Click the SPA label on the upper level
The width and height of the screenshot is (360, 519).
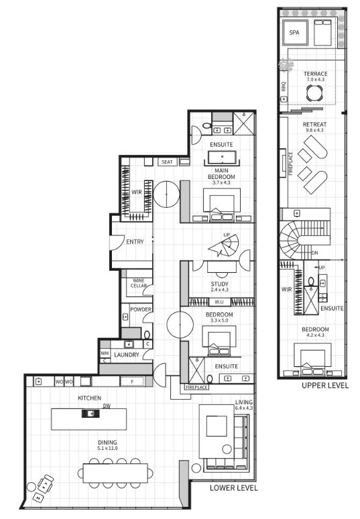(x=294, y=32)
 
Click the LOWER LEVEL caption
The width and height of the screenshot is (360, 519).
(x=234, y=488)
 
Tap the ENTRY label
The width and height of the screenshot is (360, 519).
(x=135, y=242)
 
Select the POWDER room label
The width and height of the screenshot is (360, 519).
(x=140, y=309)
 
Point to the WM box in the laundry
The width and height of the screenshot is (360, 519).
(x=105, y=353)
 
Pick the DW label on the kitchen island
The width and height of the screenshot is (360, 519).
(x=107, y=406)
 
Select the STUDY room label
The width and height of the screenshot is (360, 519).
(x=219, y=284)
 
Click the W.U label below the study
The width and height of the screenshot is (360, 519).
(x=219, y=301)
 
